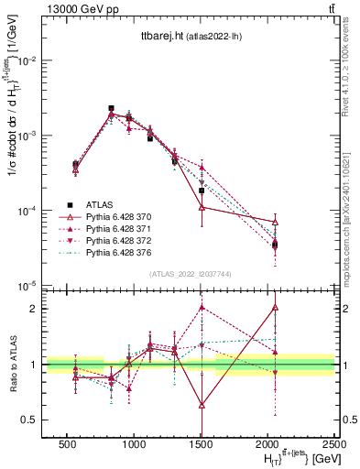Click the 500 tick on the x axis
[67, 443]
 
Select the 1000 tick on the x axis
[134, 443]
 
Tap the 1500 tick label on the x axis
[202, 443]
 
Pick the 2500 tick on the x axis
[334, 443]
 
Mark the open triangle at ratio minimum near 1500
[202, 404]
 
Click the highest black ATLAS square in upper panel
[111, 108]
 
